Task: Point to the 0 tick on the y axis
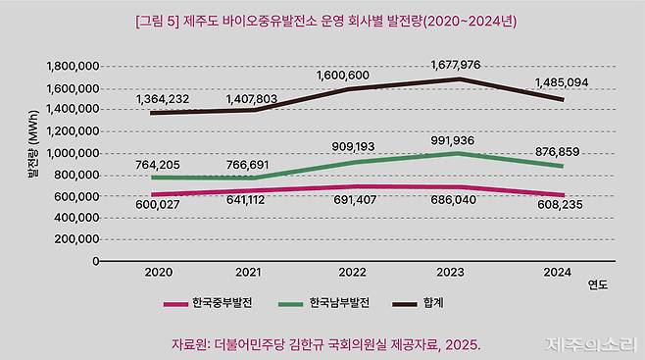click(95, 261)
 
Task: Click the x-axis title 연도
click(597, 286)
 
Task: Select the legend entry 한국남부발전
click(337, 303)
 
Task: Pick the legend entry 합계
click(431, 303)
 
